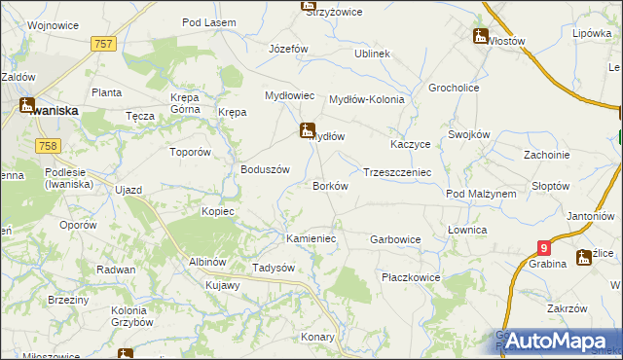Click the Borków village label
[329, 186]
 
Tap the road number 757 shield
[104, 44]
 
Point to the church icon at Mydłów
[307, 128]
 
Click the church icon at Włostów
[480, 36]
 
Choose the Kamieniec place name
[311, 238]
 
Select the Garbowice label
[395, 238]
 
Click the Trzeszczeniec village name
[396, 171]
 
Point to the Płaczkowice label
[411, 277]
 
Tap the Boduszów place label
[266, 168]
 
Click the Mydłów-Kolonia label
[366, 99]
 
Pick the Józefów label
[288, 48]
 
